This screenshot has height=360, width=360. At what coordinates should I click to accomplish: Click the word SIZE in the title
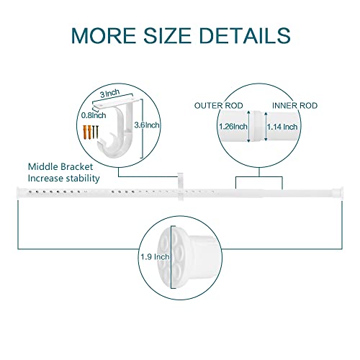tap(167, 35)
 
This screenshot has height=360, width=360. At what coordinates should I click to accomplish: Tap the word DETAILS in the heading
tap(245, 35)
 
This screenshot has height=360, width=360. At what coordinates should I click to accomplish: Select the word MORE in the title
tap(104, 35)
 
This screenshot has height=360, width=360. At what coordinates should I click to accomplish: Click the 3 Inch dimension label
tap(109, 93)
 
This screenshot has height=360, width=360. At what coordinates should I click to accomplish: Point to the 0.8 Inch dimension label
tap(94, 115)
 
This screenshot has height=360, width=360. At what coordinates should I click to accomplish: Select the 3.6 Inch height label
tap(147, 125)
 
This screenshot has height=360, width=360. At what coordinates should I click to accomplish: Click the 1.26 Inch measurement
tap(233, 126)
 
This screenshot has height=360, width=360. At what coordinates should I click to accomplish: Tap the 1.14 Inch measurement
tap(282, 127)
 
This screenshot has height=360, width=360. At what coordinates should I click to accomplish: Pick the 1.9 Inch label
tap(155, 257)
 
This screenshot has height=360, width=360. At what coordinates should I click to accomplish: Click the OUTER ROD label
tap(219, 106)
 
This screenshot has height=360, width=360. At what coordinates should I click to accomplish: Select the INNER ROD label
tap(294, 106)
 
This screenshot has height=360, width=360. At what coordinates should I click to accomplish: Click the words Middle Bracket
tap(60, 166)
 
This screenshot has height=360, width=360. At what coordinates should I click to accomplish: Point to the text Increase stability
tap(63, 179)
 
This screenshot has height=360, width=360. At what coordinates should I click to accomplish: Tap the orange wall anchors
tap(87, 132)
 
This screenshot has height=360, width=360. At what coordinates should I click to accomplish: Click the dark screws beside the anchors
tap(96, 132)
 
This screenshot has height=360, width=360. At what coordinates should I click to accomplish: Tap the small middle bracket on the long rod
tap(181, 186)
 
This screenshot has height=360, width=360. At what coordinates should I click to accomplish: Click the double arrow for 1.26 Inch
tap(249, 126)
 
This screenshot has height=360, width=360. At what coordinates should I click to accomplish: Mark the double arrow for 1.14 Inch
tap(266, 127)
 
